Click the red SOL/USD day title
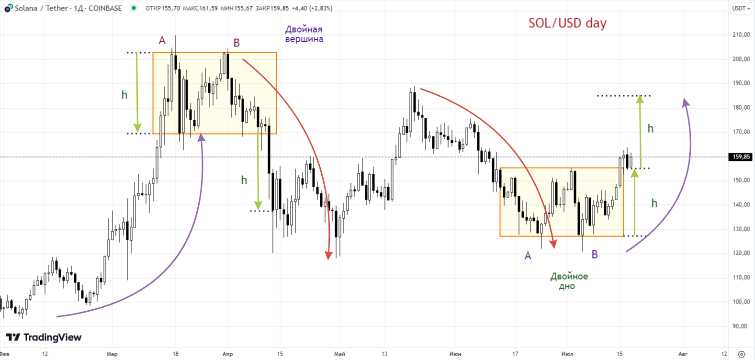pos(567,23)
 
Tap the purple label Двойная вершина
pos(304,34)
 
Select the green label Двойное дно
pos(569,281)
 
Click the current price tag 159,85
pos(741,157)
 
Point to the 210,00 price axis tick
pos(741,34)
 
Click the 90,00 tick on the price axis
pos(740,326)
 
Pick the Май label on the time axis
pos(339,354)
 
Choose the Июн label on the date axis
pos(455,354)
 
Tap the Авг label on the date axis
pos(683,354)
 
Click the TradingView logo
pos(44,337)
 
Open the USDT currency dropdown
pos(741,8)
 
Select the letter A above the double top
pos(162,40)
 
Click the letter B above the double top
pos(237,43)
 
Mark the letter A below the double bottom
pos(528,256)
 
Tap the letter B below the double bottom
pos(595,254)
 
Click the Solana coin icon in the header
pos(8,8)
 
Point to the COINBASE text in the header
pos(105,8)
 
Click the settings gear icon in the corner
pos(741,354)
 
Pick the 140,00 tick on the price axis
pos(741,204)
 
